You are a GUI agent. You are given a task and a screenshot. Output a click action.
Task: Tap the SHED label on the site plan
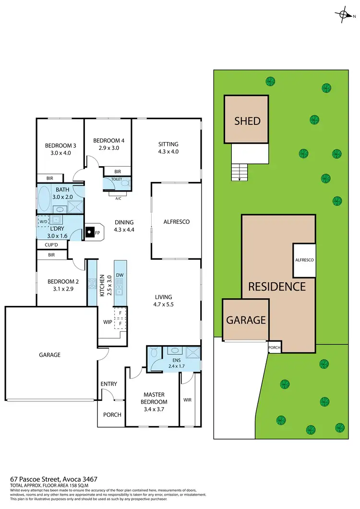point(247,120)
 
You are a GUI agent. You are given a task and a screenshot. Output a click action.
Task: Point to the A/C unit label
point(118,196)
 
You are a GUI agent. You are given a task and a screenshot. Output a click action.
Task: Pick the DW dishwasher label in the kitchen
point(120,275)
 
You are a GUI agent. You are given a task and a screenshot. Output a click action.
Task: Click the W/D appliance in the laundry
point(44,221)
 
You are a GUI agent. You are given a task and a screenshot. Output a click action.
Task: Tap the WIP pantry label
point(107,322)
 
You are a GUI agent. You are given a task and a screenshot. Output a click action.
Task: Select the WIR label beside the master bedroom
point(188,399)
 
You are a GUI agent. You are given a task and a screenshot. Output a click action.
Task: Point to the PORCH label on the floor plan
point(112,415)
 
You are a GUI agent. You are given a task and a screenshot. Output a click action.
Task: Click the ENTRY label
point(108,384)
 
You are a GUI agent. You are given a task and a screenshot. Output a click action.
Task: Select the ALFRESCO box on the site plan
point(304,260)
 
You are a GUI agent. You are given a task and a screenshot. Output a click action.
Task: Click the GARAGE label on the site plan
point(246,320)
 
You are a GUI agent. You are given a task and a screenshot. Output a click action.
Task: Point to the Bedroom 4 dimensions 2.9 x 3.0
point(108,148)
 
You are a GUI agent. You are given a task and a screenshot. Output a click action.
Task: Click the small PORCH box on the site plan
point(274,348)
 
